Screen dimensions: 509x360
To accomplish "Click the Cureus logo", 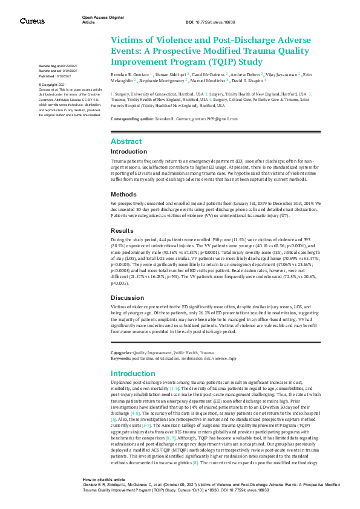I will [32, 21].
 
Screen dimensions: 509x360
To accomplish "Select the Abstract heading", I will [126, 140].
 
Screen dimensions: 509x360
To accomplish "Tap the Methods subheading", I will [123, 178].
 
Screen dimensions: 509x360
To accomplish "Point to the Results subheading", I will [123, 214].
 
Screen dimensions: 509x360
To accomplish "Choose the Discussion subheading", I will [128, 298].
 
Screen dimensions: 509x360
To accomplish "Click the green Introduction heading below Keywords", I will [133, 357].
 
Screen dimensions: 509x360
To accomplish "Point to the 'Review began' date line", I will [58, 65].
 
